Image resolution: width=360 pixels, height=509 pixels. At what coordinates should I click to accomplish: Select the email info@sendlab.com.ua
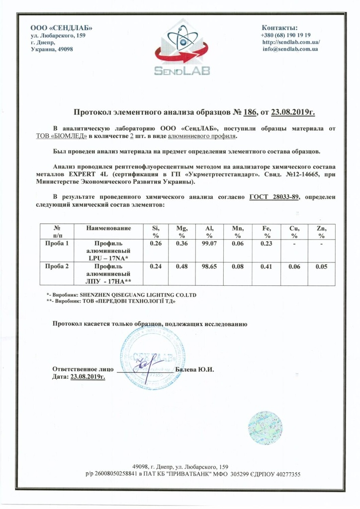[x=290, y=49]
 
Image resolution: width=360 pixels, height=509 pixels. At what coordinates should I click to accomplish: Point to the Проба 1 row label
[x=56, y=244]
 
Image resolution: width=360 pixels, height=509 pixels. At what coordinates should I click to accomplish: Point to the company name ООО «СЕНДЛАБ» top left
[x=61, y=28]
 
